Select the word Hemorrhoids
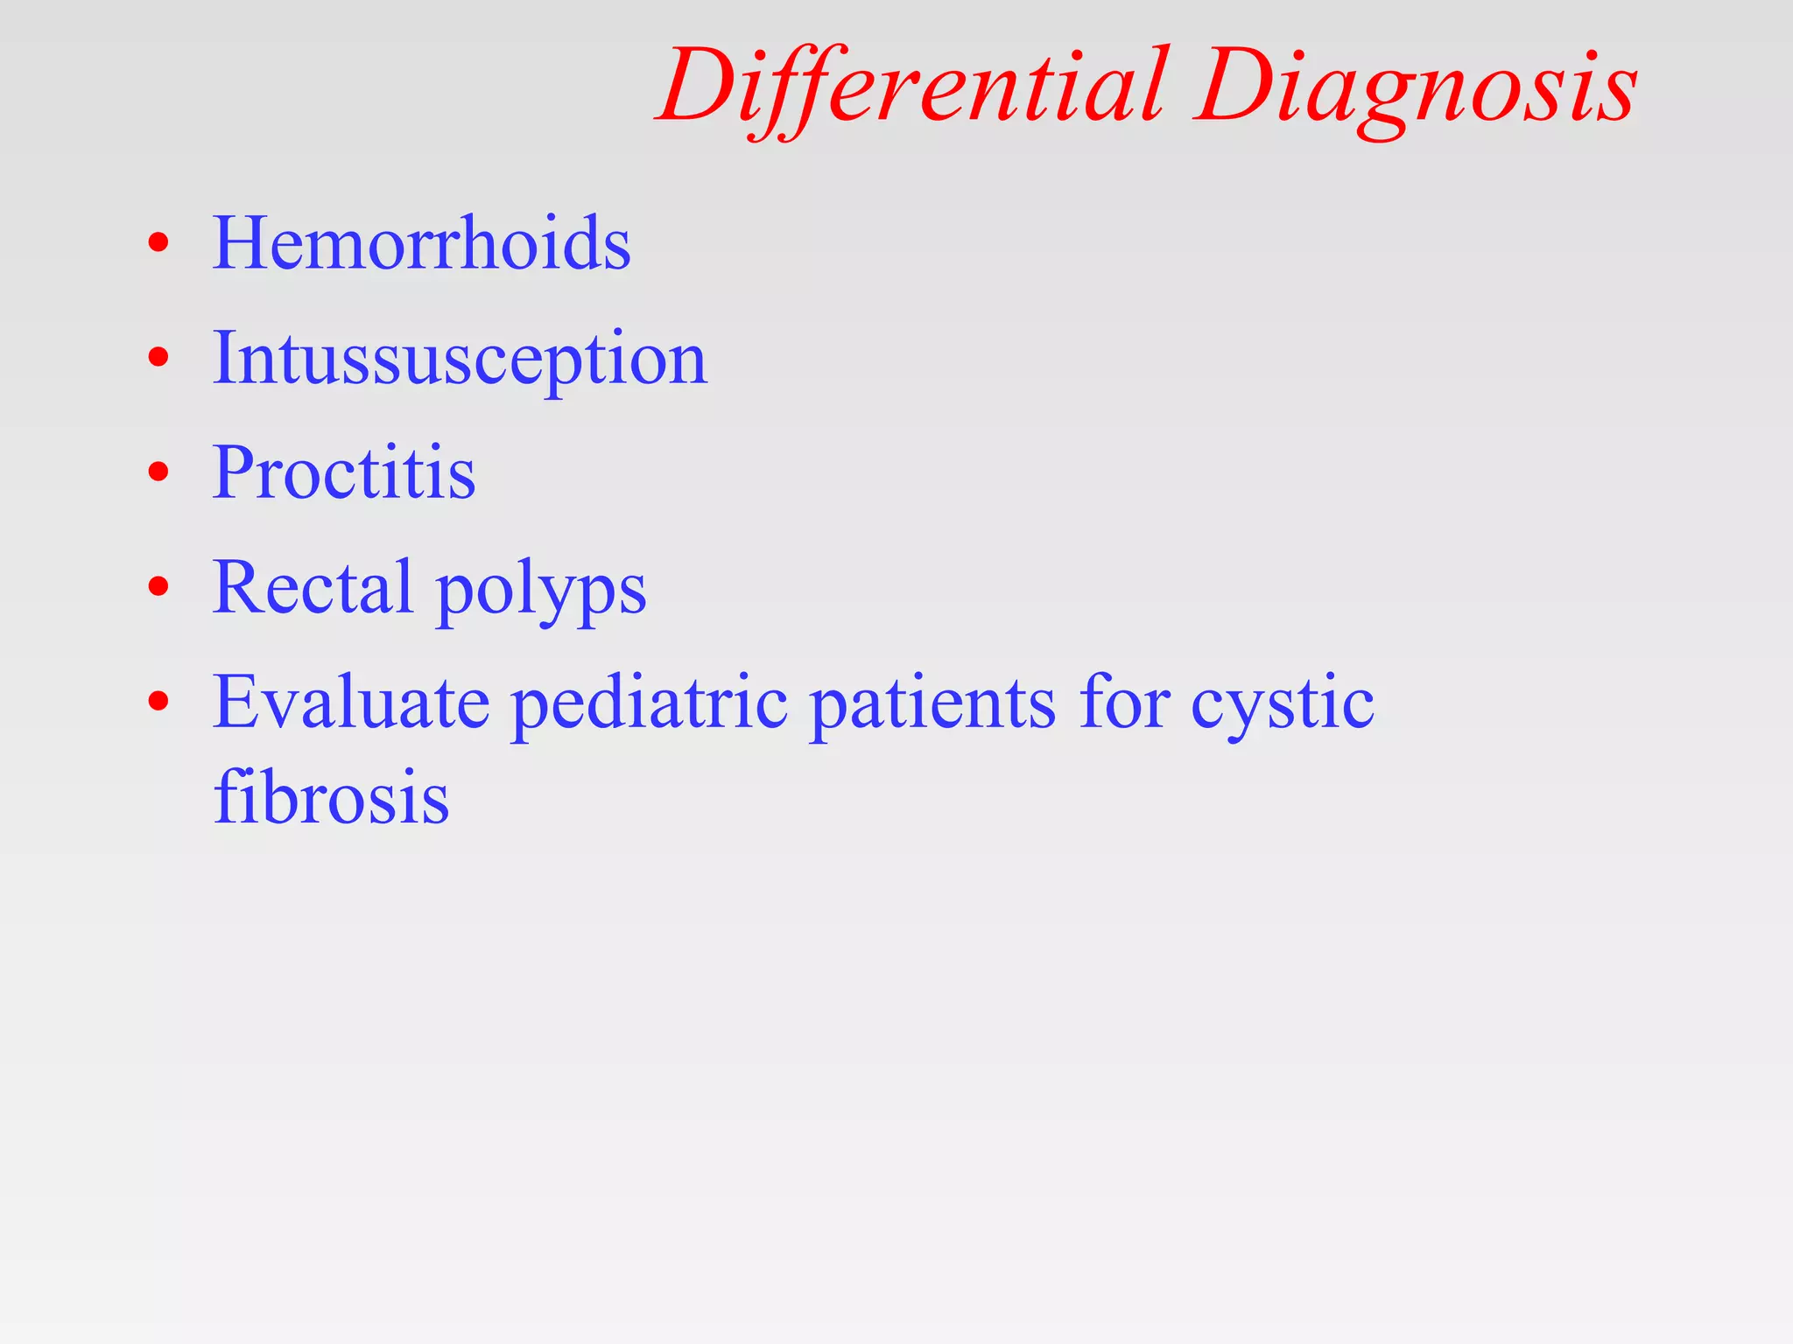click(x=421, y=242)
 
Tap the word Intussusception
click(x=460, y=359)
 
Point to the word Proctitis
click(x=344, y=472)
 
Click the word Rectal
click(x=313, y=586)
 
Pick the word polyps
click(x=541, y=591)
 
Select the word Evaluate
click(x=351, y=702)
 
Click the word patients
click(x=933, y=703)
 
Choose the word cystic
click(x=1282, y=705)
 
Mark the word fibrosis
click(x=331, y=797)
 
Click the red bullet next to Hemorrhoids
click(x=158, y=242)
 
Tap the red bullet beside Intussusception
click(x=158, y=357)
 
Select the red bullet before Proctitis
click(x=158, y=472)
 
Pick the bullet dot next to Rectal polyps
click(x=158, y=587)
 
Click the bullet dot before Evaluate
click(x=158, y=702)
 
